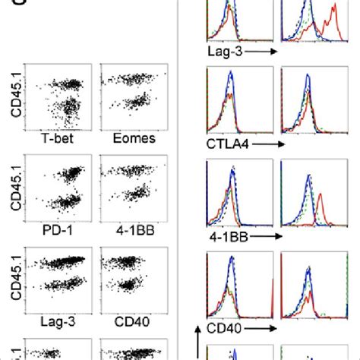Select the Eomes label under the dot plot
(128, 139)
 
